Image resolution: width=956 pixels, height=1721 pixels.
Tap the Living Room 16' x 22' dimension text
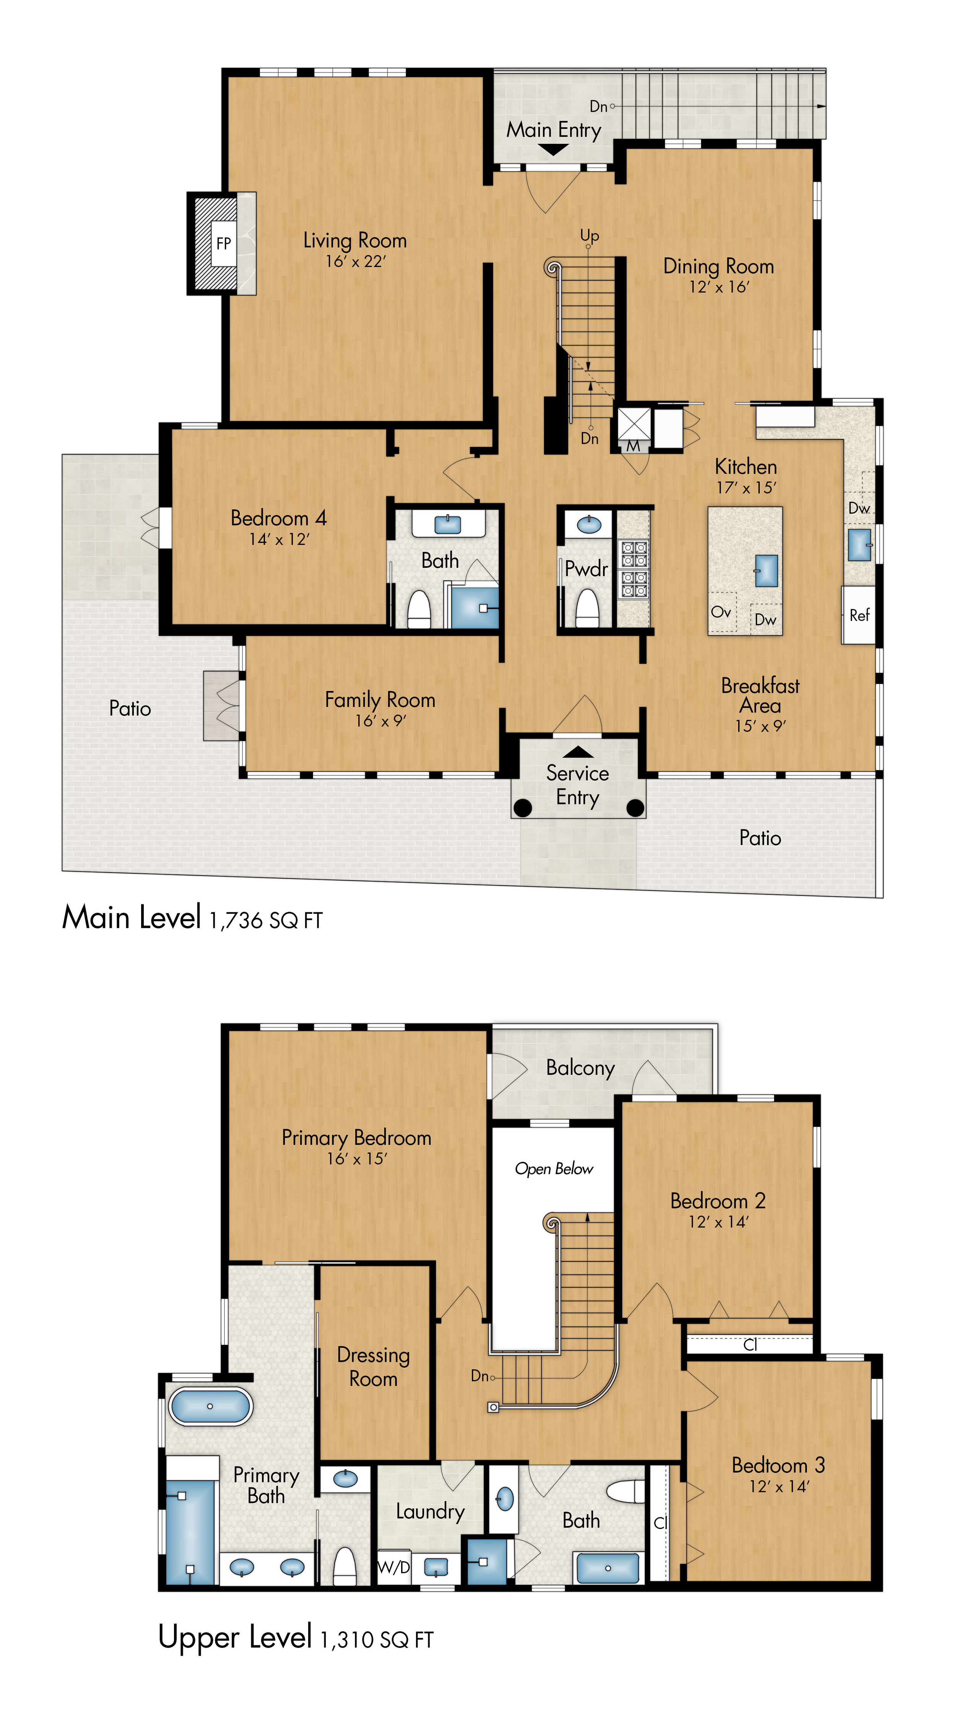click(x=355, y=262)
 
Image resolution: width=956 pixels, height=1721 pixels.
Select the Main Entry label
click(x=553, y=130)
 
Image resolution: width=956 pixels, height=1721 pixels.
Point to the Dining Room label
click(x=718, y=267)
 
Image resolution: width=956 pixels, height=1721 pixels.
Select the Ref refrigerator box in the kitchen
click(x=858, y=615)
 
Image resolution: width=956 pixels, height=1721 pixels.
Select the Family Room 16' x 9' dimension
click(x=380, y=721)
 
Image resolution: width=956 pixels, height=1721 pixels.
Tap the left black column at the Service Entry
click(x=522, y=808)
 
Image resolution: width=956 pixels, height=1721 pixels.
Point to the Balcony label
click(x=580, y=1068)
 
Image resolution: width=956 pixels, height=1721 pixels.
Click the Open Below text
click(x=554, y=1168)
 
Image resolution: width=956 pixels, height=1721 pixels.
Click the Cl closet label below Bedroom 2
click(x=750, y=1344)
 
